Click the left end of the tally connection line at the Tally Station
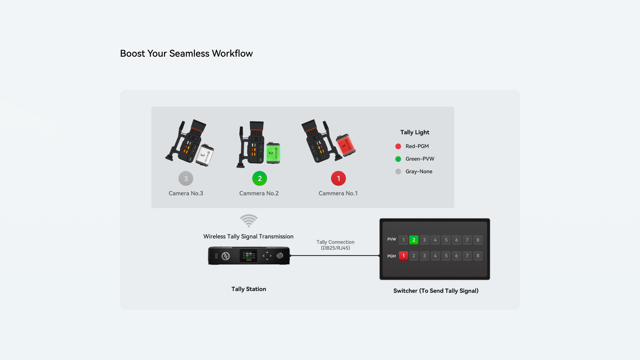tap(290, 256)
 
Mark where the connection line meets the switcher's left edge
tap(380, 256)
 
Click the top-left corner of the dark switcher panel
tap(380, 219)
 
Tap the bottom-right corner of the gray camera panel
tap(454, 208)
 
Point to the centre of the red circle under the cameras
tap(338, 178)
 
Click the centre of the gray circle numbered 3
tap(186, 178)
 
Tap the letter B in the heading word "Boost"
tap(123, 53)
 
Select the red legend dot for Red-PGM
tap(398, 146)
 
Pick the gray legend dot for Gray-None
tap(398, 172)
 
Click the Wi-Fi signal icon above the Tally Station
tap(249, 220)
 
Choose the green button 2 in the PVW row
tap(414, 240)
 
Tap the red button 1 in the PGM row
tap(403, 256)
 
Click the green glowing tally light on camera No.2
tap(273, 153)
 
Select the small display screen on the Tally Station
tap(249, 256)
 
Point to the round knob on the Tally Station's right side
tap(280, 256)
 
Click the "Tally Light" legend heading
tap(415, 132)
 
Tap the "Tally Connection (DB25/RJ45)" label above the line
tap(335, 245)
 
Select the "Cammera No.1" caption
tap(338, 193)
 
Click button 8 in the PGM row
tap(478, 256)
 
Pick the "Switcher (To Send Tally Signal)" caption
tap(436, 291)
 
